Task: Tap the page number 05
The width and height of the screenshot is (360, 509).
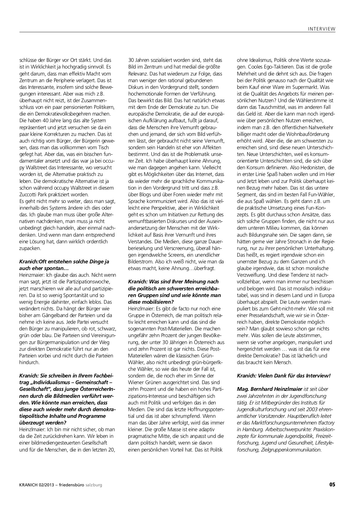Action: tap(332, 485)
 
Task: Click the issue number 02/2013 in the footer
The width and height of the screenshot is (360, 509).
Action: tap(45, 485)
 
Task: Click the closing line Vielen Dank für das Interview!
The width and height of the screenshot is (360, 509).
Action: tap(284, 375)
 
